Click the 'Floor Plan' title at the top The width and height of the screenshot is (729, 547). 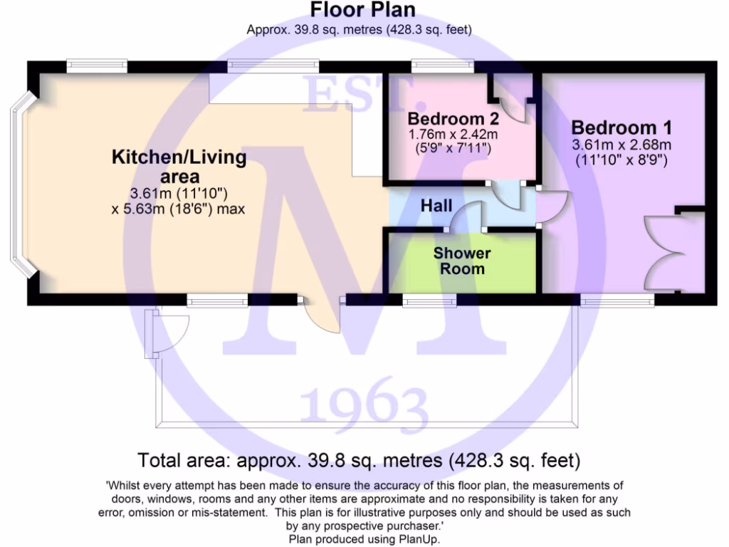(363, 10)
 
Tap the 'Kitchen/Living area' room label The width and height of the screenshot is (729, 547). (179, 166)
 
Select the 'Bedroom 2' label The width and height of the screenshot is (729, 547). (452, 118)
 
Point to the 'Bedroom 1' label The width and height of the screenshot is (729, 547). (622, 127)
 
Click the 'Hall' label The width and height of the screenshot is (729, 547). (436, 206)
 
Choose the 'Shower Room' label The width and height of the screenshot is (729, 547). (462, 261)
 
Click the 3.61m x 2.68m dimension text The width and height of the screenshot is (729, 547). (622, 145)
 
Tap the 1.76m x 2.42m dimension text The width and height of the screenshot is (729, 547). (452, 134)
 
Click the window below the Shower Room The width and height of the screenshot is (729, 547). (429, 301)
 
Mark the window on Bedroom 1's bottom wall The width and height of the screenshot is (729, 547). (617, 301)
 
